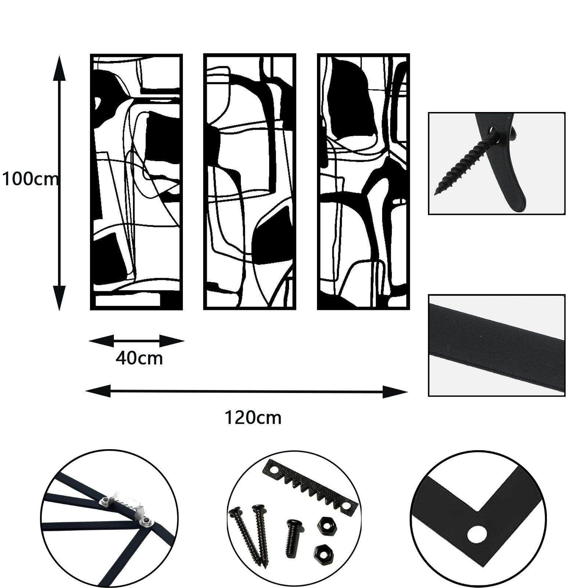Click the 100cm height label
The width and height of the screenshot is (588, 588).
point(30,180)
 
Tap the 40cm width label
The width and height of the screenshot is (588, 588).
point(139,358)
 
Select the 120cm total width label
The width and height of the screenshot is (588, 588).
point(253,418)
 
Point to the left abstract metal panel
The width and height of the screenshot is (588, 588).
point(136,182)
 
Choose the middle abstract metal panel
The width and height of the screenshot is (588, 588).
point(250,182)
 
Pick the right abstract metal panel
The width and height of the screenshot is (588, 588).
point(363,182)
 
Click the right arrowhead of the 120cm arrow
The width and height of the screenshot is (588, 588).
point(395,392)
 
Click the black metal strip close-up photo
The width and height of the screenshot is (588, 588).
point(497,345)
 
